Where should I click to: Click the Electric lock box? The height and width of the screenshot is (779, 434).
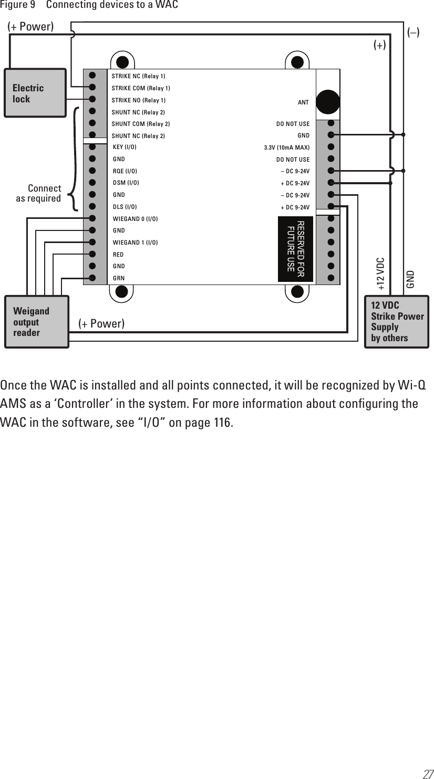(35, 93)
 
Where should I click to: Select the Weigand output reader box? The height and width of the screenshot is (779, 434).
(36, 322)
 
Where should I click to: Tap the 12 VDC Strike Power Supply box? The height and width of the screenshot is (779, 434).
(397, 322)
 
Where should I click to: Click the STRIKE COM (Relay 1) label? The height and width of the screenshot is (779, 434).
(141, 88)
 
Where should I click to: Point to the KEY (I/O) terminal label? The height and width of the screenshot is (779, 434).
(125, 147)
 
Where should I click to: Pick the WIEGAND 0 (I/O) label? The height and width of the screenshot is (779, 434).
(135, 218)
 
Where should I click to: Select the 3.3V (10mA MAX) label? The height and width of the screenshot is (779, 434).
(286, 148)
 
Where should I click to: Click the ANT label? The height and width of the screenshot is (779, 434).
(303, 102)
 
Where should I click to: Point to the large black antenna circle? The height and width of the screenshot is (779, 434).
(328, 100)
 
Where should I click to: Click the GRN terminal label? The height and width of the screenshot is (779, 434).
(119, 278)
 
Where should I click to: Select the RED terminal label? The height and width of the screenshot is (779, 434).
(118, 255)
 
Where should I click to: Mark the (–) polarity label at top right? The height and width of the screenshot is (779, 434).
(414, 33)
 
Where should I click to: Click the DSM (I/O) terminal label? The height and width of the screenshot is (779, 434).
(126, 183)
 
